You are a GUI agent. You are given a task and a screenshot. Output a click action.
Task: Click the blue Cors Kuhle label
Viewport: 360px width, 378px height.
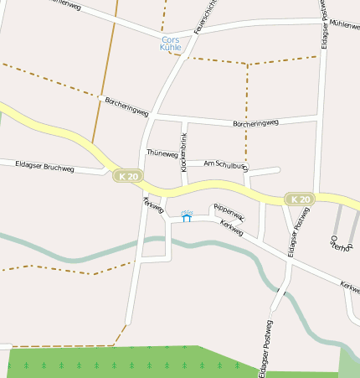(x=170, y=44)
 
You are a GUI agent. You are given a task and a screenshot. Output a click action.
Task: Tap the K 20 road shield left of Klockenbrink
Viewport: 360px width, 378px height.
(x=128, y=176)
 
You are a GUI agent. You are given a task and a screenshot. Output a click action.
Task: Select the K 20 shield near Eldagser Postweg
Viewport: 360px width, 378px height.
(x=300, y=199)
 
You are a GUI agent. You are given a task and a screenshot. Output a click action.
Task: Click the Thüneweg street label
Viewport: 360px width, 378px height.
(x=162, y=153)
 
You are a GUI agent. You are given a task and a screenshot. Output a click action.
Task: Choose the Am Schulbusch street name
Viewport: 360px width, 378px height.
(x=224, y=164)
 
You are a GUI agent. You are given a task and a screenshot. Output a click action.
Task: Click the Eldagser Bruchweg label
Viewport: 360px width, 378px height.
(x=44, y=168)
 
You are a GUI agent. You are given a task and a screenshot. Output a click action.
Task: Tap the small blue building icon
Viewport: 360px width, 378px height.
(x=187, y=217)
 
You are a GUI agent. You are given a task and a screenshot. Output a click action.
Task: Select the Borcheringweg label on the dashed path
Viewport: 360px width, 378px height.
(x=126, y=106)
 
